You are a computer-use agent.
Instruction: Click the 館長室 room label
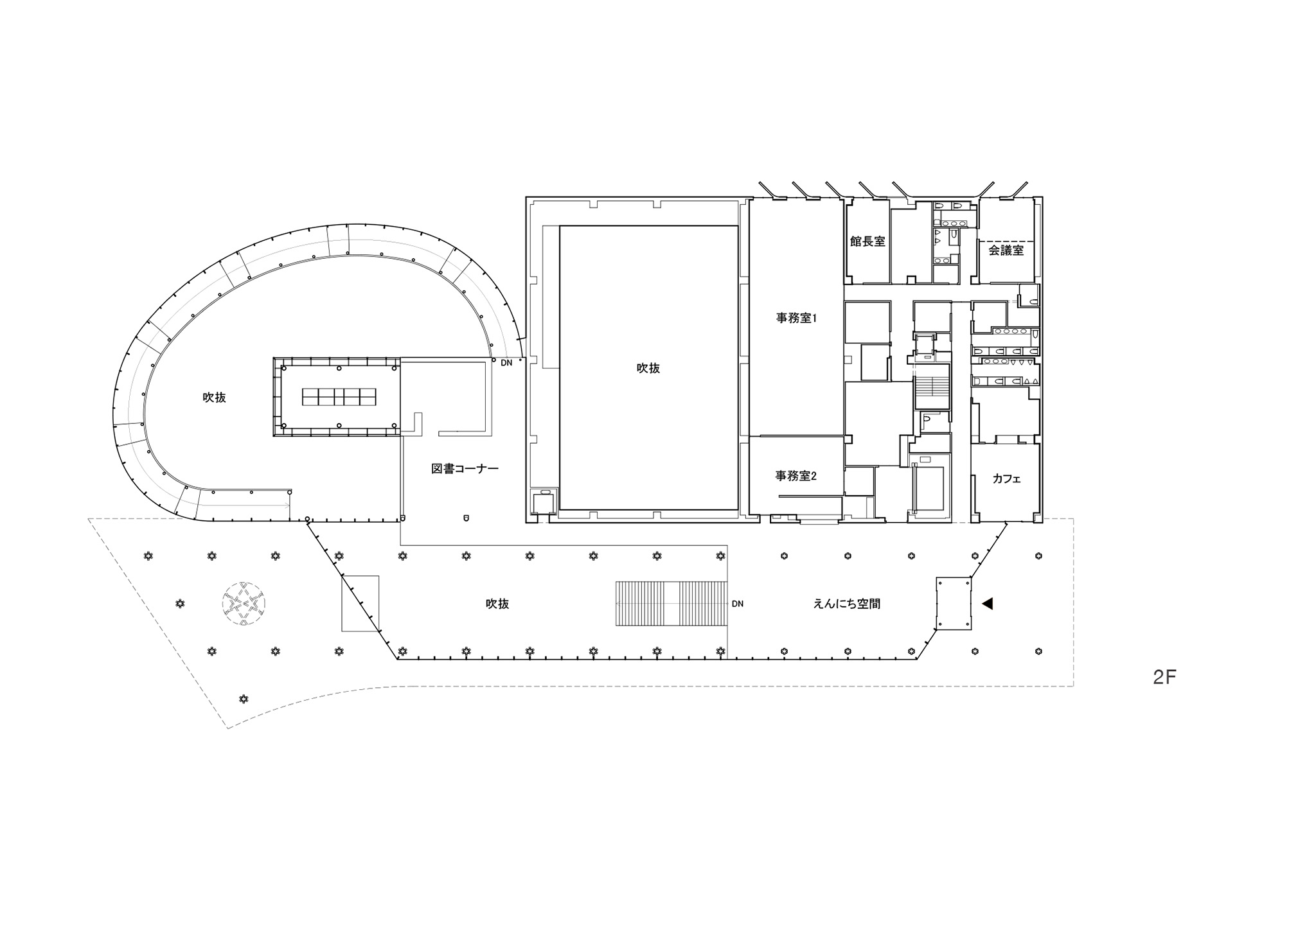(867, 241)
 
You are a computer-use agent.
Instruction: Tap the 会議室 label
(1006, 250)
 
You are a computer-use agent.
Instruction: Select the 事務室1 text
(796, 317)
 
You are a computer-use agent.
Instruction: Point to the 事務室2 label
(796, 476)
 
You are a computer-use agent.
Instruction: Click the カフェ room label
(1006, 478)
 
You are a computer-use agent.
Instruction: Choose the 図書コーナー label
(465, 469)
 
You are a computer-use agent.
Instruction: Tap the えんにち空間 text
(847, 604)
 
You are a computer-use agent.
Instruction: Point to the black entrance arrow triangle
(988, 603)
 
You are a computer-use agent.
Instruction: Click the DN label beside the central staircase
(737, 604)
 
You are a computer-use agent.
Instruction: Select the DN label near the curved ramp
(506, 363)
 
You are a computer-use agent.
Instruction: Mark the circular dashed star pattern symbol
(243, 604)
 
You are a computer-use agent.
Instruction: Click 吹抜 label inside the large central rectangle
(648, 368)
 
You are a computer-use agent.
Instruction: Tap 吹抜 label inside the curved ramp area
(214, 398)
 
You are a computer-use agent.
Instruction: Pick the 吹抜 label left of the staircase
(497, 604)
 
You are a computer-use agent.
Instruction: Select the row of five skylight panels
(339, 397)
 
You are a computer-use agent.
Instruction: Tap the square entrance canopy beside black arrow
(954, 604)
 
